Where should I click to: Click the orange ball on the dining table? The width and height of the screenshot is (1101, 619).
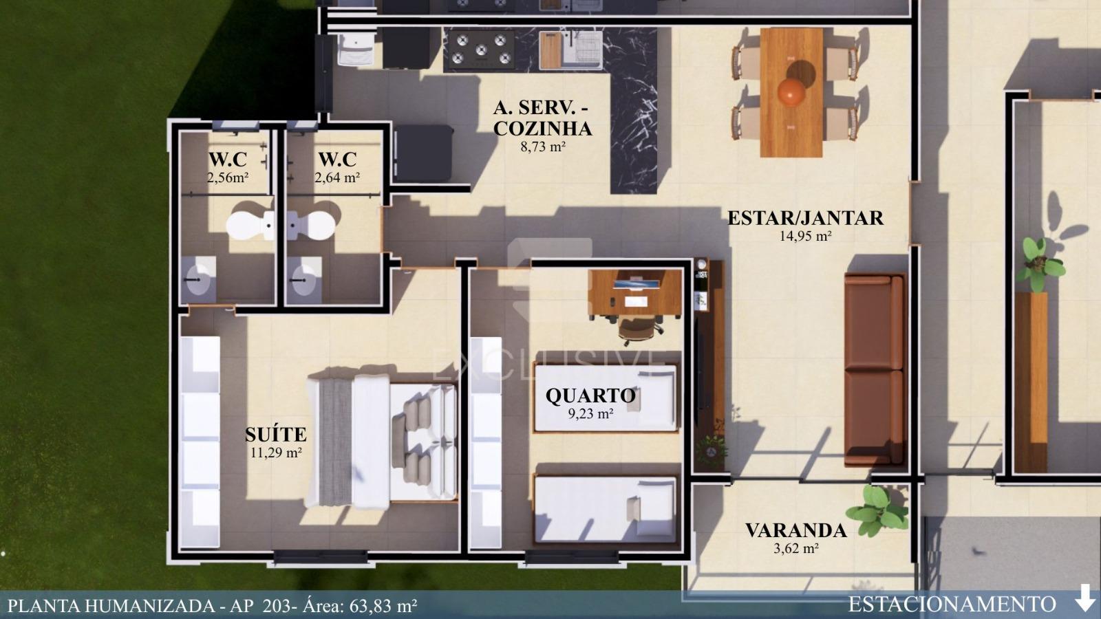coord(792,92)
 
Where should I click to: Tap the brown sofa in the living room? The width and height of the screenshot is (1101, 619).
coord(875,369)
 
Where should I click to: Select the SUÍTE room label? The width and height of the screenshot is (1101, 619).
coord(276,434)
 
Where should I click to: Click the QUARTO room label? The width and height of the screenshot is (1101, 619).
coord(591,395)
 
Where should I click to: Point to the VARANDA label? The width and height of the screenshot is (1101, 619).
coord(795,530)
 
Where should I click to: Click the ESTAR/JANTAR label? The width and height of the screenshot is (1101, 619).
coord(805,217)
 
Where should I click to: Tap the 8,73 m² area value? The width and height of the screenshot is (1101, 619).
coord(543,146)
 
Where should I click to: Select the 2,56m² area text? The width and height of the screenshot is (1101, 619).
coord(228,177)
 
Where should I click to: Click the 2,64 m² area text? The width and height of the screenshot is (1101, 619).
coord(337,177)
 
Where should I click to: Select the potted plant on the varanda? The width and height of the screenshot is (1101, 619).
coord(878,510)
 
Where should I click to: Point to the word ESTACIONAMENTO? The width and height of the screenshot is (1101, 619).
coord(952,604)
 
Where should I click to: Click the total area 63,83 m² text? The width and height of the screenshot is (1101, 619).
coord(383,605)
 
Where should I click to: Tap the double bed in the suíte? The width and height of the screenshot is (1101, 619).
coord(381,441)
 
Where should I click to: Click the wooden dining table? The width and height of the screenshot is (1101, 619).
coord(791,92)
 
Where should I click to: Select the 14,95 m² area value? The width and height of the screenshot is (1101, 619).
coord(805,237)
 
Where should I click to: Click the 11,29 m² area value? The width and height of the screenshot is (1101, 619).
coord(276,453)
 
